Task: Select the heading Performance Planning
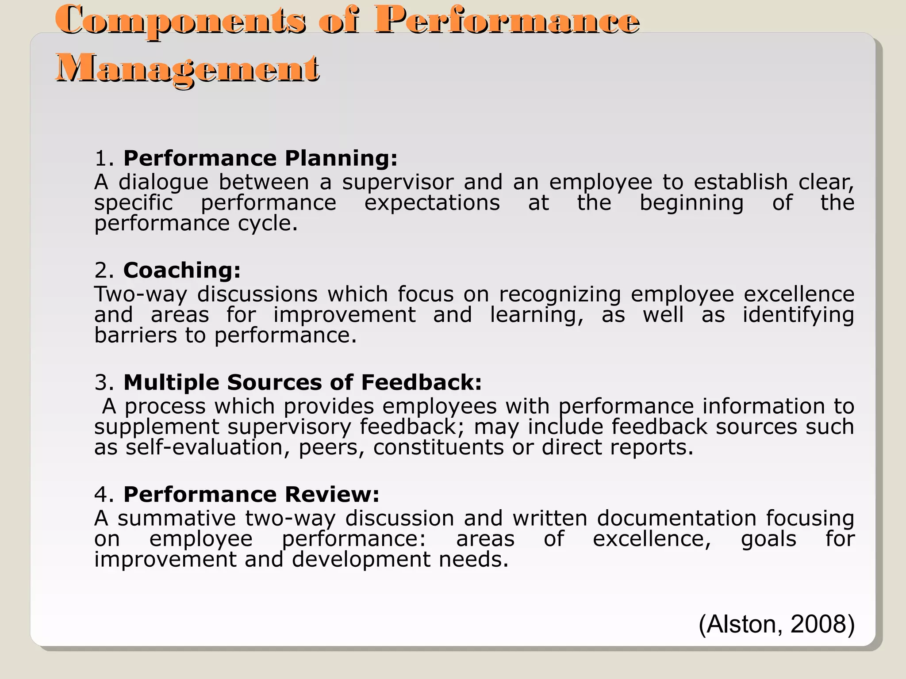click(x=260, y=158)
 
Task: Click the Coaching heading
click(x=182, y=270)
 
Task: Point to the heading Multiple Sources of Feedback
click(x=302, y=382)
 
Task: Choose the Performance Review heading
click(x=251, y=494)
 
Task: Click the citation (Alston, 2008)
click(x=776, y=624)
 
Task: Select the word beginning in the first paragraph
click(x=691, y=203)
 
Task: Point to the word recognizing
click(x=560, y=294)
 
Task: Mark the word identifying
click(x=798, y=315)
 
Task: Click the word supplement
click(x=157, y=427)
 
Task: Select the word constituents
click(x=438, y=447)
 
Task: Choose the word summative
click(x=177, y=518)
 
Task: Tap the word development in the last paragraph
click(x=361, y=560)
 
